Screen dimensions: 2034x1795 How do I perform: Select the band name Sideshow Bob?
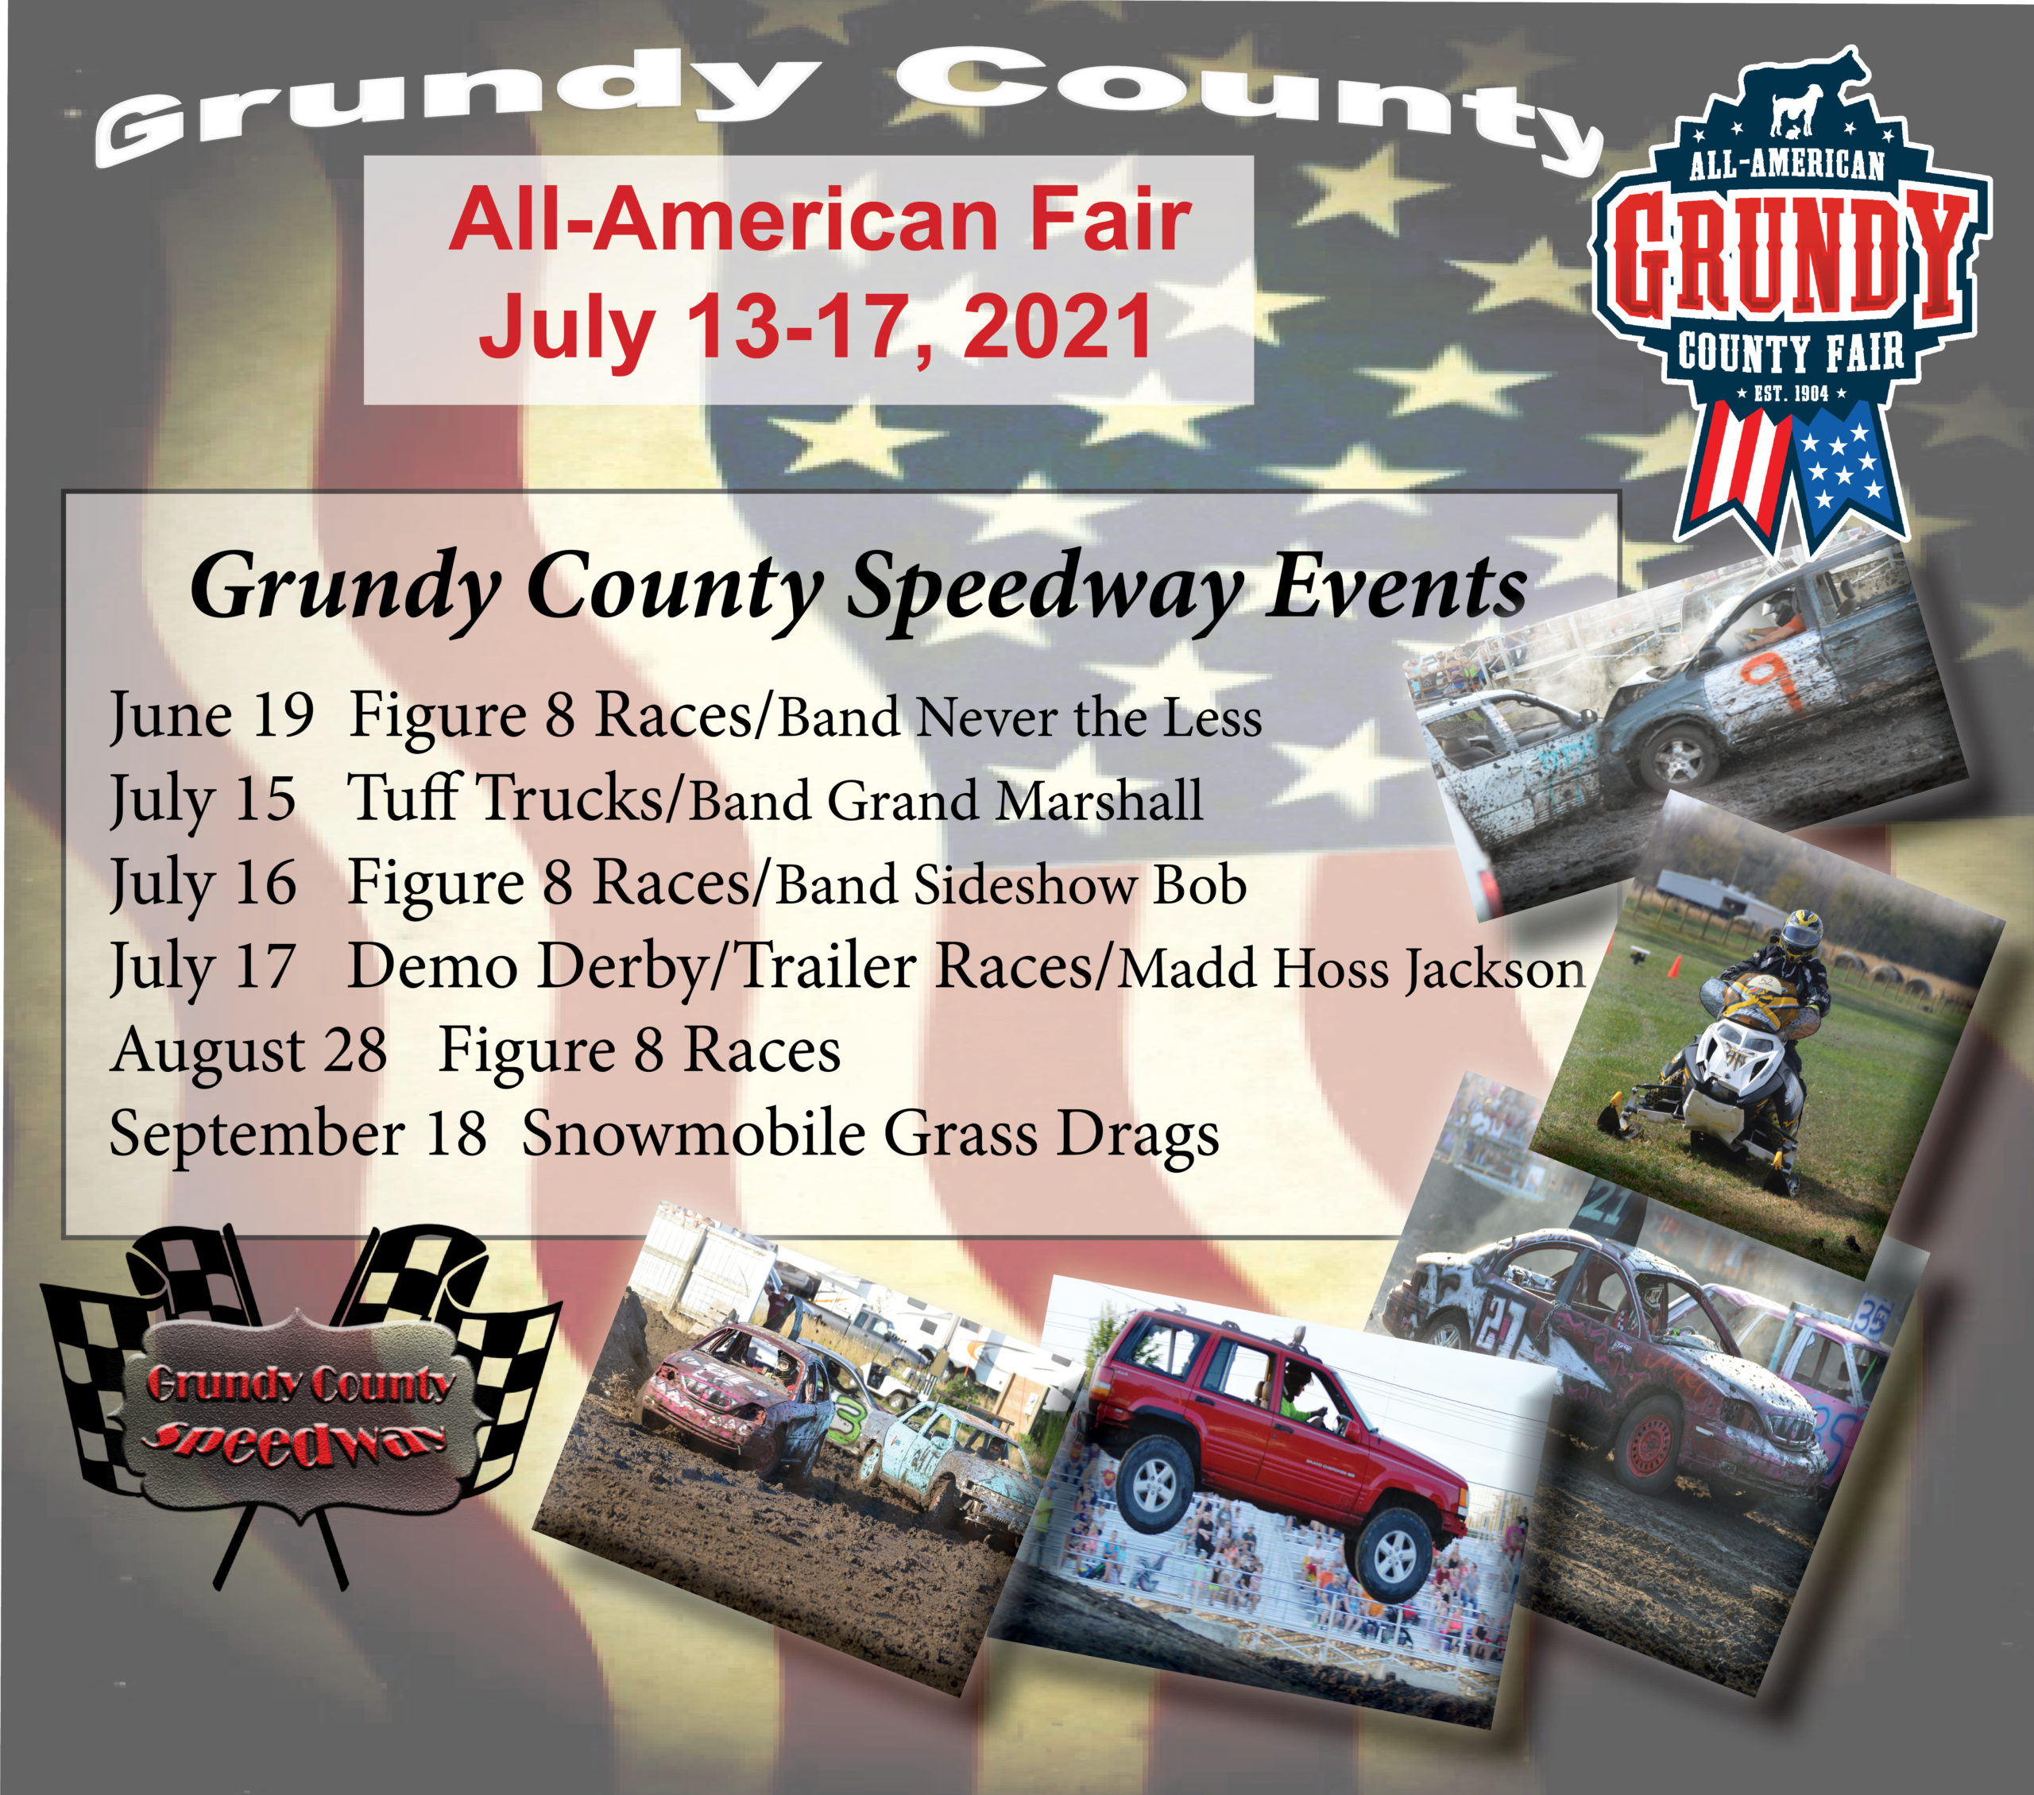(1080, 884)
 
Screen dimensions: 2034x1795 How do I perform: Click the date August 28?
(249, 1050)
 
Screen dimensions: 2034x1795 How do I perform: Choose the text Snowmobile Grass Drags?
(871, 1135)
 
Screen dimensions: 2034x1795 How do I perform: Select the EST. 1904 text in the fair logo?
(1791, 393)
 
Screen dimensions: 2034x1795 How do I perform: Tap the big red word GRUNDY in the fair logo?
(1791, 256)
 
